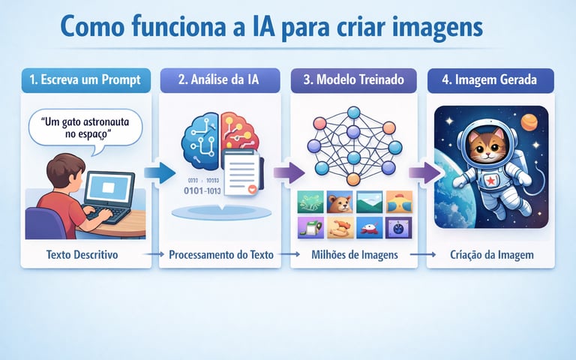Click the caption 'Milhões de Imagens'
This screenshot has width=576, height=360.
[353, 255]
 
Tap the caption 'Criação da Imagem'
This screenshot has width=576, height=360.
[491, 255]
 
